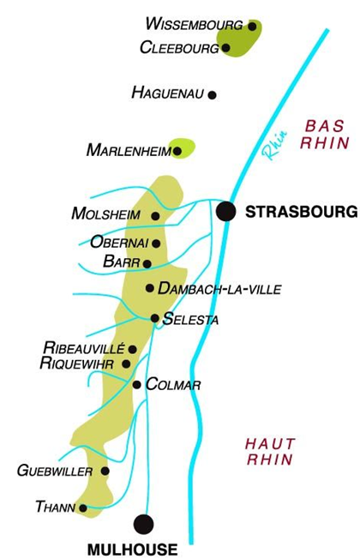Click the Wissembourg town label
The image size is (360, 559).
click(195, 23)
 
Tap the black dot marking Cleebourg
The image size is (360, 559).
click(226, 48)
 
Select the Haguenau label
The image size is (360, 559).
click(168, 93)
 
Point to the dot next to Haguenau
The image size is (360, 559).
click(213, 95)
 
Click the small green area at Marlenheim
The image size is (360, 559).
click(183, 147)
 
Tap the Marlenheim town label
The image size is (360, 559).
click(129, 150)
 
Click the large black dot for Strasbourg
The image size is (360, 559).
click(226, 211)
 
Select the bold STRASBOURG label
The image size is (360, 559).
click(300, 211)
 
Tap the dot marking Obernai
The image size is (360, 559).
click(156, 243)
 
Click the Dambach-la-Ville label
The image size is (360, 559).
click(219, 289)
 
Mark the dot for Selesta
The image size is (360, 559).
click(154, 318)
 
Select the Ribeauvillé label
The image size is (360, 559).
click(85, 348)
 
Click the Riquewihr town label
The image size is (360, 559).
click(79, 364)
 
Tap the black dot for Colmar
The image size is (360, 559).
click(137, 384)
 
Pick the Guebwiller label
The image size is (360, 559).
click(55, 471)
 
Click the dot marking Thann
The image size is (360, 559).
click(83, 508)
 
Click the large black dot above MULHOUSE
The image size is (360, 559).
click(143, 522)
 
